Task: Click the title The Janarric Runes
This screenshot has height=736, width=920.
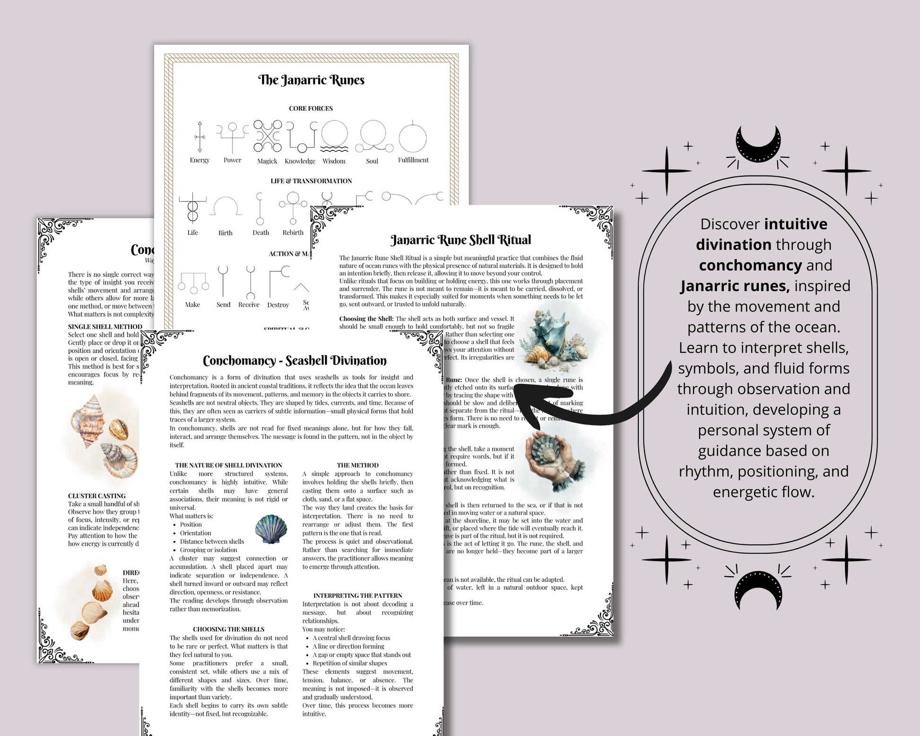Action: (311, 80)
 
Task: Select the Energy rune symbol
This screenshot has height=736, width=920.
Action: (200, 137)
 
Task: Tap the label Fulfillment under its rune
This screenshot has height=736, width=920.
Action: (413, 160)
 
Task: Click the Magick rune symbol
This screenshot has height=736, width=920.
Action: (268, 136)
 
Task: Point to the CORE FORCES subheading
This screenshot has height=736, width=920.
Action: (311, 108)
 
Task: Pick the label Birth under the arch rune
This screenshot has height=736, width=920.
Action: (225, 233)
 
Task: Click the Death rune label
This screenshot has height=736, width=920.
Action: (260, 233)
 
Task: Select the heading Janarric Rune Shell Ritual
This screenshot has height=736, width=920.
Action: (460, 240)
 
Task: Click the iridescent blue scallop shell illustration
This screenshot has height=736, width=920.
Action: (271, 529)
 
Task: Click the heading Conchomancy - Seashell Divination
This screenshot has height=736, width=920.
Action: (295, 361)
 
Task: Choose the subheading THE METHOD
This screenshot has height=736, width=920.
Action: (357, 465)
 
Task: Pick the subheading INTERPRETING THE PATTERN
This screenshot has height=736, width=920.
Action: (357, 596)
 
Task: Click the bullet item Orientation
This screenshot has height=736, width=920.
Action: (195, 533)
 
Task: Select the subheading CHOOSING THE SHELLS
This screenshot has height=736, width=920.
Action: (228, 629)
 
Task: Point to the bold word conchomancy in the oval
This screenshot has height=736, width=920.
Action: (750, 265)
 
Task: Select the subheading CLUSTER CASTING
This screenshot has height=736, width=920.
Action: (97, 496)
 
